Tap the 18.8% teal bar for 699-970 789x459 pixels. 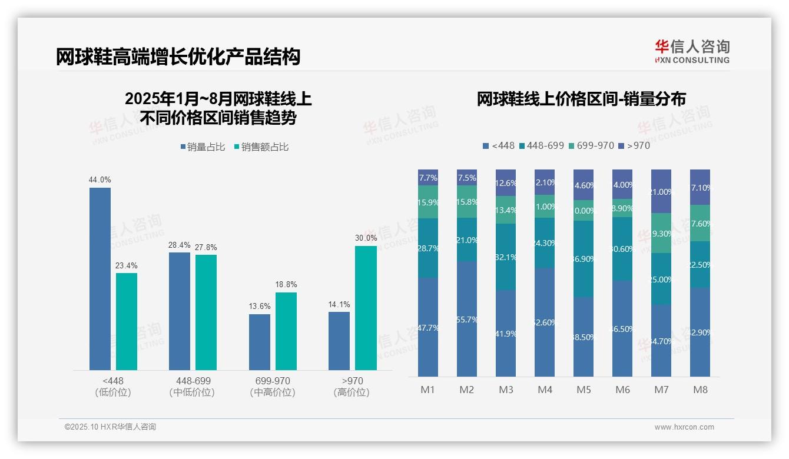[286, 331]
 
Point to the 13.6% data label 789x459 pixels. [260, 306]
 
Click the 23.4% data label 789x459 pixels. [127, 265]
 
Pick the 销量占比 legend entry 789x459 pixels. [203, 147]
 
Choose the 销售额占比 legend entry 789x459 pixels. [261, 147]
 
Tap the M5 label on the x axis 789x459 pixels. [584, 390]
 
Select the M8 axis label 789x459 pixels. [700, 390]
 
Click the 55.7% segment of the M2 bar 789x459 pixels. [467, 319]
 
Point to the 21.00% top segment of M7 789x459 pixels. [661, 191]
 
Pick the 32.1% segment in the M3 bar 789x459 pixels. [506, 257]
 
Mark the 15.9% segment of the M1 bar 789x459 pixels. [428, 202]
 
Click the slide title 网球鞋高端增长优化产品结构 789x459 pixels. [178, 56]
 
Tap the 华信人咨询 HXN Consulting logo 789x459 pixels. [692, 51]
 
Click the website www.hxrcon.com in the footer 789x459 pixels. [684, 427]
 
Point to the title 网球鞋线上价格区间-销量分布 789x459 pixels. [581, 99]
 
